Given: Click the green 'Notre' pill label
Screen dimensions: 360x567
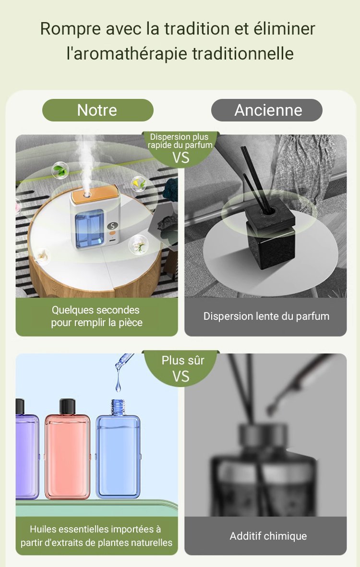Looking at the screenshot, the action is click(97, 110).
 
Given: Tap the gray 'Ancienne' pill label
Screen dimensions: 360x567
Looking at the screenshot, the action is click(267, 110).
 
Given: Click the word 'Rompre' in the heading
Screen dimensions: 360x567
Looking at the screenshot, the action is click(70, 29).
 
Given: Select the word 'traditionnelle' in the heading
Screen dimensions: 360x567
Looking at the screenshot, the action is click(242, 53).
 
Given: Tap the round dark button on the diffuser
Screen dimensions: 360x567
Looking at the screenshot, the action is click(112, 226).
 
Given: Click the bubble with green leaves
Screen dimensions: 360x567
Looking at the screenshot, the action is click(60, 170).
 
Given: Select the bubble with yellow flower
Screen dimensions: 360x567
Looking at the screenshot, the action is click(138, 184).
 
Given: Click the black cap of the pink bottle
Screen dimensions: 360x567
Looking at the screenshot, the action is click(67, 407).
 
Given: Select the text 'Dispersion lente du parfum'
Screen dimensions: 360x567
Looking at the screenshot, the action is click(266, 316).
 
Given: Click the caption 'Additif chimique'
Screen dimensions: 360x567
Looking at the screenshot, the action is click(268, 536).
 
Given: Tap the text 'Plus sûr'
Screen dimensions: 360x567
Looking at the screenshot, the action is click(183, 360).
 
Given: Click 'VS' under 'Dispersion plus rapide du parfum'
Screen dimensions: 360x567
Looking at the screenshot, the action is click(181, 157).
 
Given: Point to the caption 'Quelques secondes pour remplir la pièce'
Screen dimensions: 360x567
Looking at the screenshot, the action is click(96, 316).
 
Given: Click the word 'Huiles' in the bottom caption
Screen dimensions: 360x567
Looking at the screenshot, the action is click(43, 529).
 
